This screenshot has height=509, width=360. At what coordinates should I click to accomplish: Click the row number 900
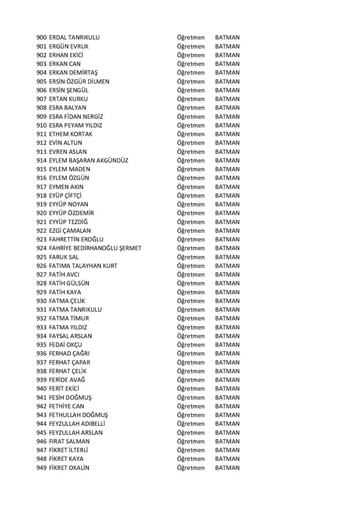[42, 38]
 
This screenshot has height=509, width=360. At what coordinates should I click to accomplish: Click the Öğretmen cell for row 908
[190, 108]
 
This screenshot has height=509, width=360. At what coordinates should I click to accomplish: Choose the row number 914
[42, 160]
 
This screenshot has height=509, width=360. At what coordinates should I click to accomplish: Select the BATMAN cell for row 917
[227, 187]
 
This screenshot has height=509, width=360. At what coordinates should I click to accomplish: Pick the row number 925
[42, 257]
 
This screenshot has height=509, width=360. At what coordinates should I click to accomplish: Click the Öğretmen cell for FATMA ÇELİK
[190, 301]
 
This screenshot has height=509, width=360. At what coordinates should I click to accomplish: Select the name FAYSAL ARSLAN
[71, 336]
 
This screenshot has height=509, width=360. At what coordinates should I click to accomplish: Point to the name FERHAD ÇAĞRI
[70, 353]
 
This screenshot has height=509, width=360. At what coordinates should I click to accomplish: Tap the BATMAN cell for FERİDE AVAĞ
[227, 380]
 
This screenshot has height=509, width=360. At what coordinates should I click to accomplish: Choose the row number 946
[42, 441]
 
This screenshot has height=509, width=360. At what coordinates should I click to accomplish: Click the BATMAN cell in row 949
[227, 468]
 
